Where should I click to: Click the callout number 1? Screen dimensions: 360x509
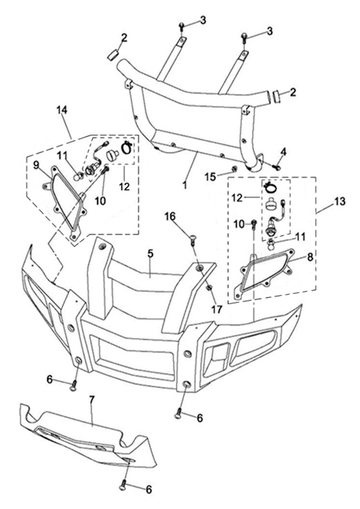185,185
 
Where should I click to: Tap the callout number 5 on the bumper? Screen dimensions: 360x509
150,254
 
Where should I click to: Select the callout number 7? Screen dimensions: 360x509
92,400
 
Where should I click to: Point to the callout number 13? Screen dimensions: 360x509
339,201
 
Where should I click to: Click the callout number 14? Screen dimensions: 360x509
61,110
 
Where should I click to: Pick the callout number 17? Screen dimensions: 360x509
217,310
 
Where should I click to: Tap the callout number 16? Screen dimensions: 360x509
170,216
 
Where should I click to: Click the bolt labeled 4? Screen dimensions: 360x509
277,168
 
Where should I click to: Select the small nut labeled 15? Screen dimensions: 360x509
232,168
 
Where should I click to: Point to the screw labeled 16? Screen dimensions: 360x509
192,240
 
